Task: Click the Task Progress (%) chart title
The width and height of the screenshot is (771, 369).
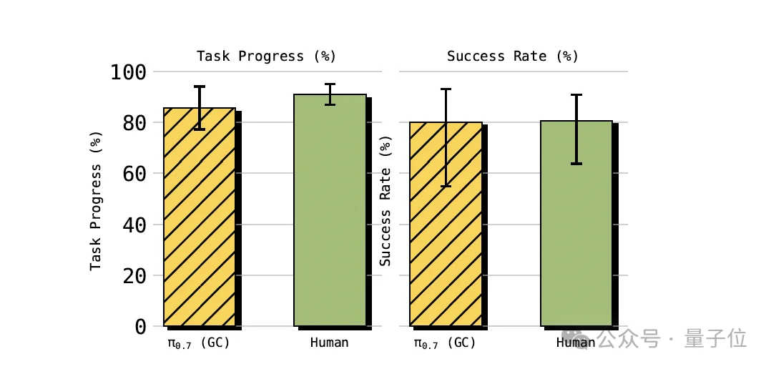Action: [266, 56]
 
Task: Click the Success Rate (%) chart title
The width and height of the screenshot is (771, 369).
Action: [512, 56]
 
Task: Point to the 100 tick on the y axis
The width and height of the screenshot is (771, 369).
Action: [129, 72]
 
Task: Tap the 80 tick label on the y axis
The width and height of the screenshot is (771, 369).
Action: [134, 123]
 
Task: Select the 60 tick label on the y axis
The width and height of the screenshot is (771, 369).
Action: [134, 174]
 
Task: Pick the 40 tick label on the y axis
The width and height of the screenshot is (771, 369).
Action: [134, 225]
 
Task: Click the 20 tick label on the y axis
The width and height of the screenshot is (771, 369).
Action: [134, 276]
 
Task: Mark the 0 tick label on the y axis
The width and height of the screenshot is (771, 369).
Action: [140, 327]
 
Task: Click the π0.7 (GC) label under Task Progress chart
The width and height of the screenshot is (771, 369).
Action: [199, 343]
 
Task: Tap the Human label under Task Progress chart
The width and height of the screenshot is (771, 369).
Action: [329, 343]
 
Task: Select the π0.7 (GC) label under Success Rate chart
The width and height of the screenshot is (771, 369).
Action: [445, 343]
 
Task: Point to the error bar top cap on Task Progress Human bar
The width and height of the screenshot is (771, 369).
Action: [330, 84]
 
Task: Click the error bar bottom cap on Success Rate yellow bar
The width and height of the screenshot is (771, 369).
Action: [446, 186]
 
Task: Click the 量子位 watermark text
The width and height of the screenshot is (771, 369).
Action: [715, 338]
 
